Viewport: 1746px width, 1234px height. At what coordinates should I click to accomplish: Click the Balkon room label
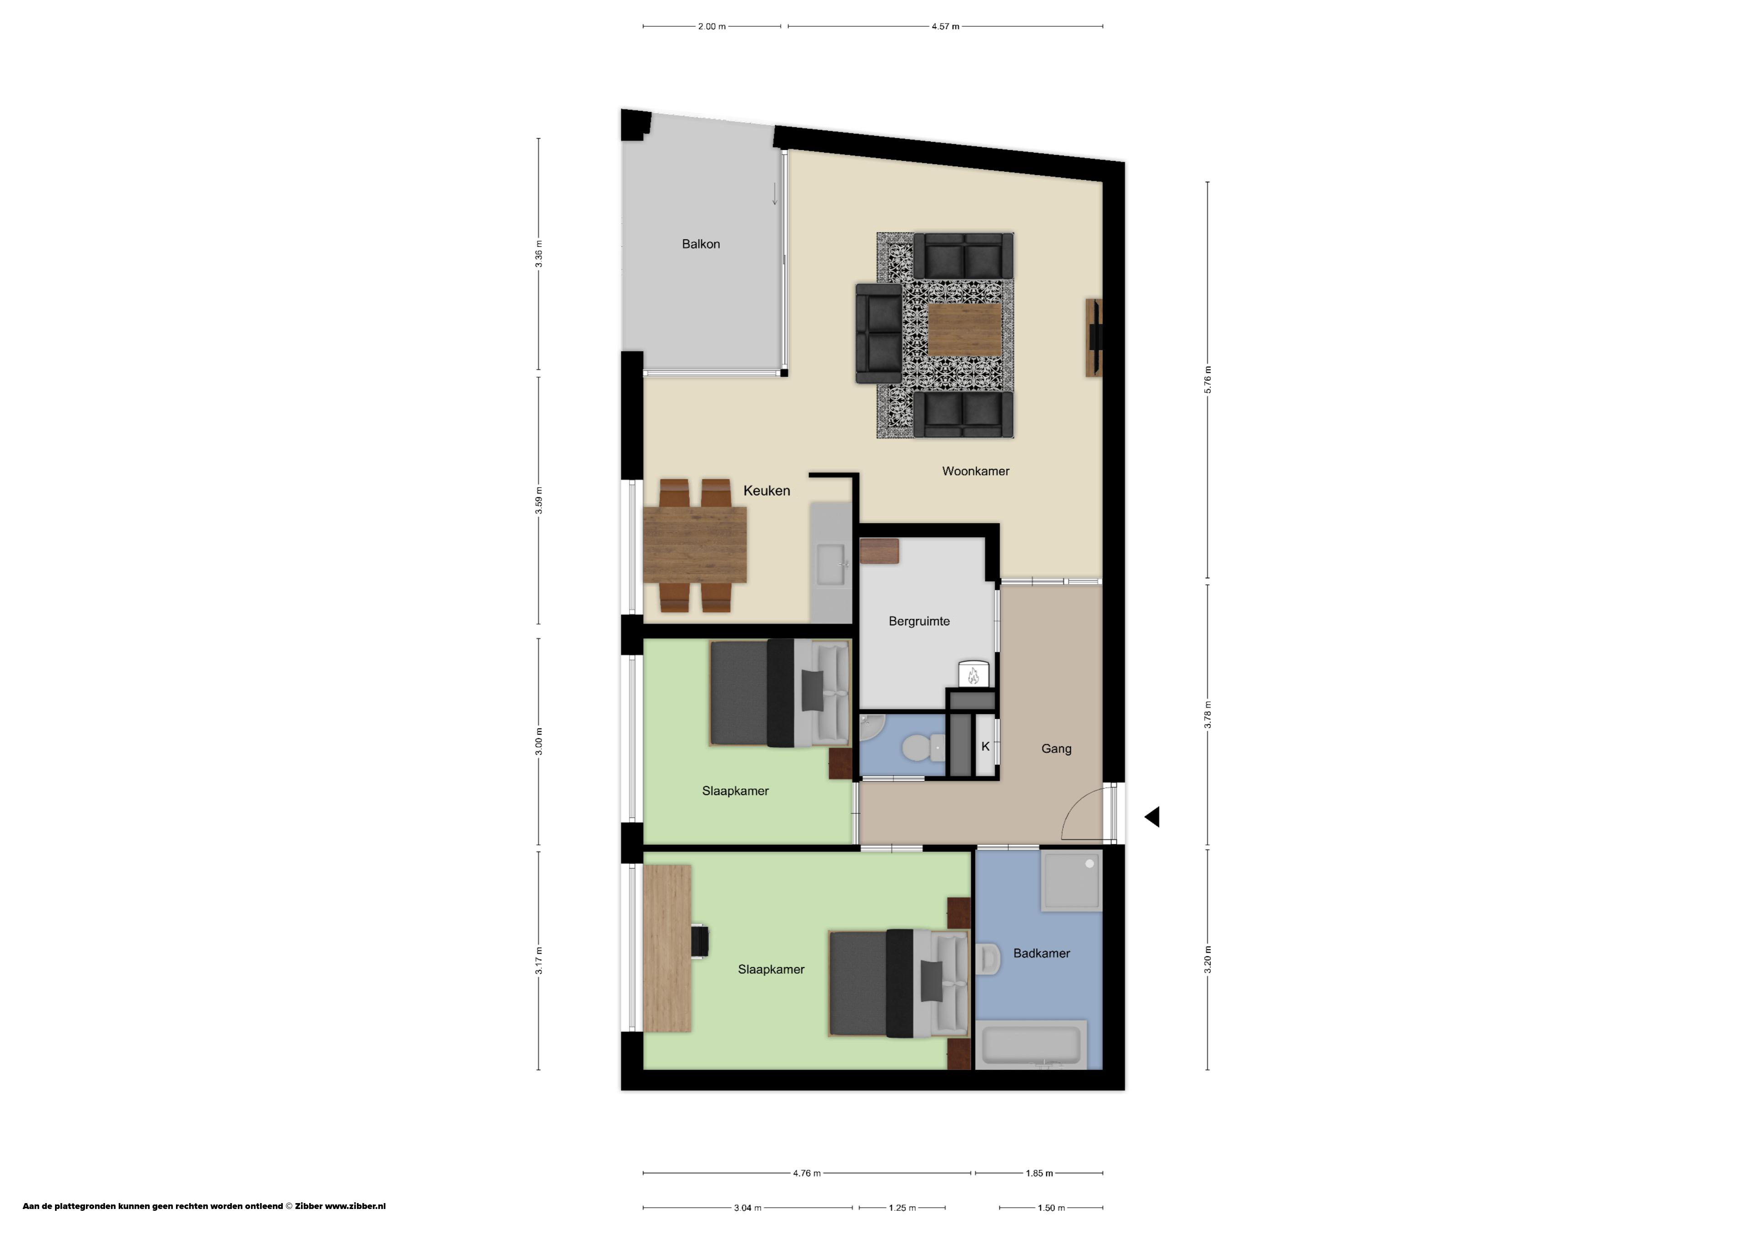pos(700,244)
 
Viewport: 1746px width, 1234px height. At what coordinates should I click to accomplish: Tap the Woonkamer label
pos(976,471)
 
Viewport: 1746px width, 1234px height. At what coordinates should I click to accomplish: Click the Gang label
pos(1056,749)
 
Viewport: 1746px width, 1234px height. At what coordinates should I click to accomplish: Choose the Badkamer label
pos(1041,954)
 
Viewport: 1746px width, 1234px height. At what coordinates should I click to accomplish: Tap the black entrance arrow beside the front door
pos(1152,817)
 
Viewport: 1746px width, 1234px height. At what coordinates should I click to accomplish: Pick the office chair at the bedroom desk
pos(700,940)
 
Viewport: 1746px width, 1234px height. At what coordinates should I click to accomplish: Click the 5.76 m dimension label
pos(1208,380)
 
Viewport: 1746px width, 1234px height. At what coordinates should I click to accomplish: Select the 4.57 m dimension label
pos(945,27)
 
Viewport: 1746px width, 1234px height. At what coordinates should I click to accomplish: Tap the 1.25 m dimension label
pos(902,1207)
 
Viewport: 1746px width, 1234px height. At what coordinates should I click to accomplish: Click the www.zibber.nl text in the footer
pos(355,1206)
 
